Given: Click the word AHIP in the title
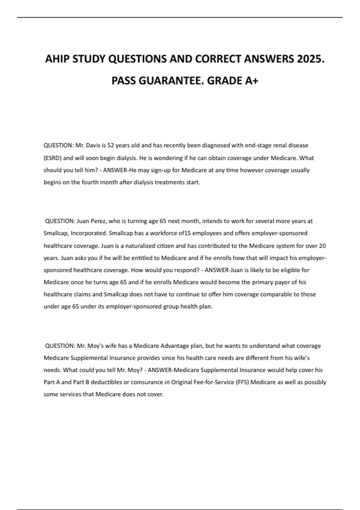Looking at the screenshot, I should pos(57,59).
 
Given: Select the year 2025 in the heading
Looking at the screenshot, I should pos(311,59).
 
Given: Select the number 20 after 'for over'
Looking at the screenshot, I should pos(322,246).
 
